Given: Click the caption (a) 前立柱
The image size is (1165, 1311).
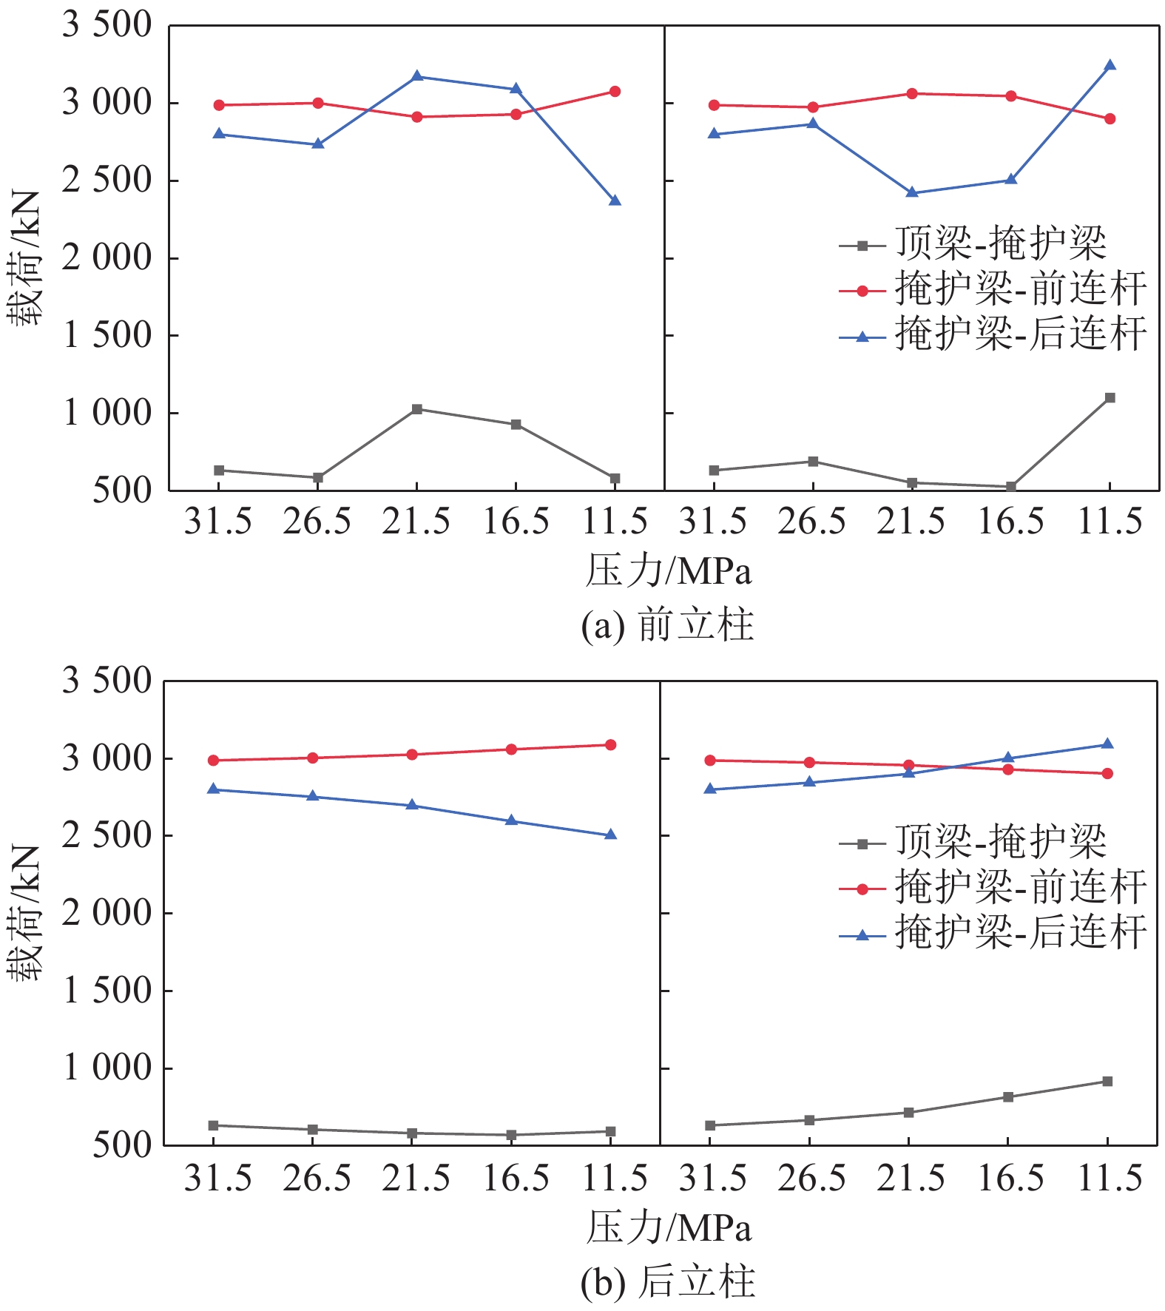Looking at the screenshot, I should (667, 625).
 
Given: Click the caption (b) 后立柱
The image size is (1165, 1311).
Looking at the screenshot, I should (667, 1282).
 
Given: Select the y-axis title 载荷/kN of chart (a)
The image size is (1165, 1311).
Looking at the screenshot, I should (25, 258).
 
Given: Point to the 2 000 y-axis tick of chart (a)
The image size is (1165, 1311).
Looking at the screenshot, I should (107, 258).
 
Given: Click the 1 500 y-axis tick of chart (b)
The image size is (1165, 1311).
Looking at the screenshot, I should (107, 991).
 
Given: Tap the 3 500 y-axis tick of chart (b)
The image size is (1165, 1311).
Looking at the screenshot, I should (107, 681).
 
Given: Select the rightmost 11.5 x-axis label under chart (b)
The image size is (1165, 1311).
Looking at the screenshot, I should (1110, 1179).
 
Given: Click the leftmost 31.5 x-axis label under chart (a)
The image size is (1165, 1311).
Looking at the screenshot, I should (218, 522).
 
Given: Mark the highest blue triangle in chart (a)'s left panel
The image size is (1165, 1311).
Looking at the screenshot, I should (417, 76).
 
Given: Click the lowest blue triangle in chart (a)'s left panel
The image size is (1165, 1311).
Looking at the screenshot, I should (615, 200).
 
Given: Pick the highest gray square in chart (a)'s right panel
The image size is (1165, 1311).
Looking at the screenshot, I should (1110, 398).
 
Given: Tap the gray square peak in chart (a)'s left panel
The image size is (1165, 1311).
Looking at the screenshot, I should (417, 409).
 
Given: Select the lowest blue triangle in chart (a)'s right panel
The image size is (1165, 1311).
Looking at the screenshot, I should (912, 192).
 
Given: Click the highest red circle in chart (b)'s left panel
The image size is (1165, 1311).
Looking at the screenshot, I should (611, 745).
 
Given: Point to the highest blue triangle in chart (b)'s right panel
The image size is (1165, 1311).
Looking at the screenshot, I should (1107, 744).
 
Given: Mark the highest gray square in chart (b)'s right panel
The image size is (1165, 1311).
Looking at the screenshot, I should (1107, 1082).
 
